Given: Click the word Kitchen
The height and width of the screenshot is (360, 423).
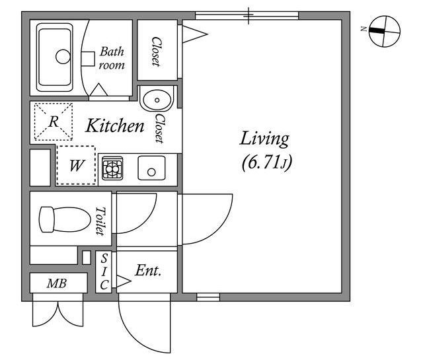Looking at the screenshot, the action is [115, 126].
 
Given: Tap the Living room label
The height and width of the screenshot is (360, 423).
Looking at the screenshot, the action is [264, 139].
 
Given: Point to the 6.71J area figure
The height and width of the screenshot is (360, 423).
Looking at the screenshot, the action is [267, 162].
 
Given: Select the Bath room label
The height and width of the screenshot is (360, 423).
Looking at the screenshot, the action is [112, 58].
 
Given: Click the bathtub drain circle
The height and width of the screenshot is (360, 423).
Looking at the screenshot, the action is [63, 57].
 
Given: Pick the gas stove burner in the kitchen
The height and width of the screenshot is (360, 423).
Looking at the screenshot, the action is [112, 168].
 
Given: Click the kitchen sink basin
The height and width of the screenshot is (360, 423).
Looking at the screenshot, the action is [151, 168].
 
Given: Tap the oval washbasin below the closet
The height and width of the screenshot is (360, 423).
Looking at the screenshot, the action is [157, 100].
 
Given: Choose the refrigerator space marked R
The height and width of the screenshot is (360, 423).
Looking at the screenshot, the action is [54, 122].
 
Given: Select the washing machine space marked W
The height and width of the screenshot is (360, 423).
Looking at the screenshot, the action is [76, 165].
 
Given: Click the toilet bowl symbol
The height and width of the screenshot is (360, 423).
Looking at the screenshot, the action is [65, 219].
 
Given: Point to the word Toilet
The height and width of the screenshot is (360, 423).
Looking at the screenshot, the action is [100, 221].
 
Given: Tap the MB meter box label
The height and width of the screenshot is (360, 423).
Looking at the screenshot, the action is [57, 283].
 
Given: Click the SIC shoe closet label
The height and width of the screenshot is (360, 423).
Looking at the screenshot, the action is [104, 271].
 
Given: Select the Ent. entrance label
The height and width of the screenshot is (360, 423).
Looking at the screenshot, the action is [148, 270].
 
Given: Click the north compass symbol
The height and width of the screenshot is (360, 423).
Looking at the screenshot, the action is [385, 31].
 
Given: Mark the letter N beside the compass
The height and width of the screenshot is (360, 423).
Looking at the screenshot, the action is [364, 28].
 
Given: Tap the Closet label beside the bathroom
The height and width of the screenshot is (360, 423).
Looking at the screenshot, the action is [157, 52].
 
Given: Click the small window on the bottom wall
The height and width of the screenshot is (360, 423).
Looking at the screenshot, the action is [208, 297].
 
